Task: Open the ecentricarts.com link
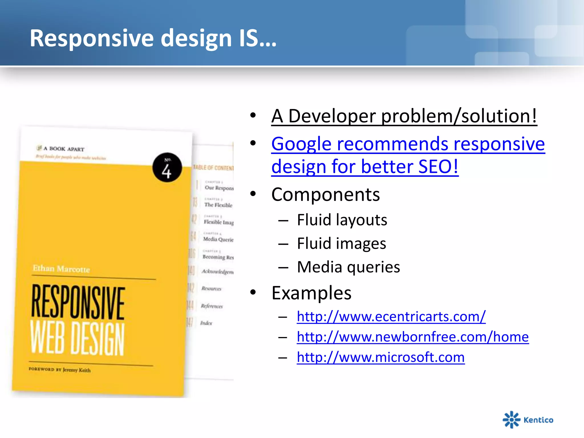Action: pyautogui.click(x=391, y=317)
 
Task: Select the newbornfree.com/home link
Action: pyautogui.click(x=413, y=337)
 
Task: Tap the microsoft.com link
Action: pyautogui.click(x=380, y=357)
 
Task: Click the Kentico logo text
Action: pyautogui.click(x=538, y=420)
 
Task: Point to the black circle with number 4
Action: pyautogui.click(x=167, y=168)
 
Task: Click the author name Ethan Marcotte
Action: pyautogui.click(x=61, y=269)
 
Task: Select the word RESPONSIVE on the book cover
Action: pyautogui.click(x=78, y=302)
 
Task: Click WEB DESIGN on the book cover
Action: pyautogui.click(x=77, y=338)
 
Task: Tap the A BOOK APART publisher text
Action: pyautogui.click(x=64, y=149)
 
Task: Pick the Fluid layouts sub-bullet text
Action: pyautogui.click(x=342, y=220)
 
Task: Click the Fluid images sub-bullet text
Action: pyautogui.click(x=341, y=244)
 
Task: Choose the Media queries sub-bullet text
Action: pyautogui.click(x=348, y=267)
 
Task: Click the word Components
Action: pyautogui.click(x=325, y=195)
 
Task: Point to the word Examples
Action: pyautogui.click(x=311, y=293)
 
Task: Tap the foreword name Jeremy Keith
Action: pyautogui.click(x=77, y=370)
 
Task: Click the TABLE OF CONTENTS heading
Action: pyautogui.click(x=213, y=168)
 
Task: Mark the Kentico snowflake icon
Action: pyautogui.click(x=511, y=419)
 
